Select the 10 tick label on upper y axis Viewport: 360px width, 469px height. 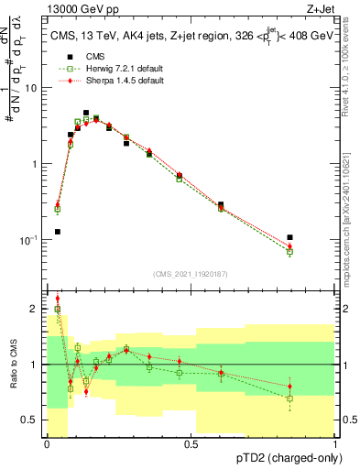click(x=31, y=89)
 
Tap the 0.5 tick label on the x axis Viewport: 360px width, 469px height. click(x=191, y=444)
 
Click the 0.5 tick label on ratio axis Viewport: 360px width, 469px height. click(x=32, y=420)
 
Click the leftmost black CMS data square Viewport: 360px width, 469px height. click(x=57, y=232)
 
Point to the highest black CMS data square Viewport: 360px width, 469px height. click(x=86, y=113)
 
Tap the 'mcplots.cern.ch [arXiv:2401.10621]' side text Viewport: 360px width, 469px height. click(x=351, y=202)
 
